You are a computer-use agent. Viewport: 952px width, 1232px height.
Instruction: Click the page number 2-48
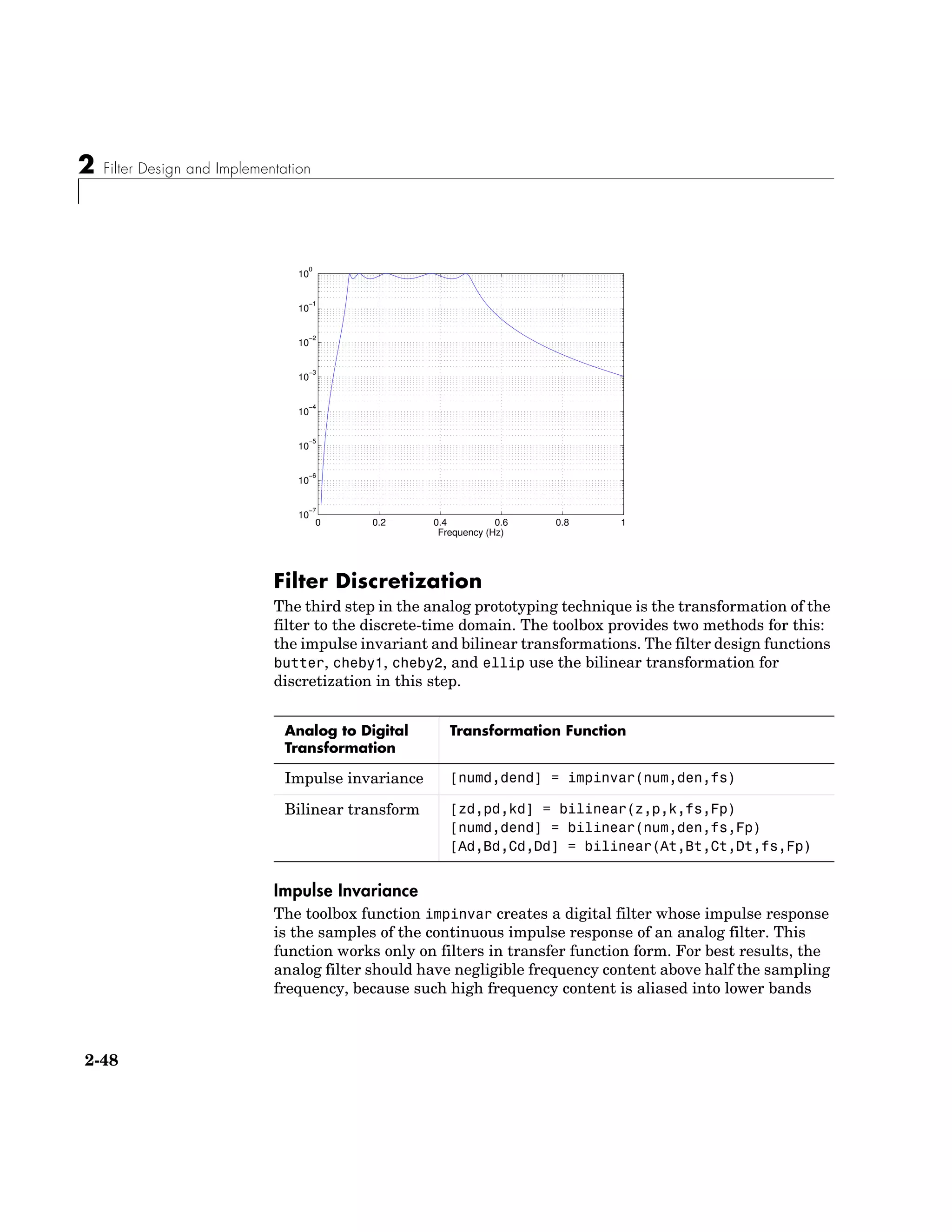(x=101, y=1060)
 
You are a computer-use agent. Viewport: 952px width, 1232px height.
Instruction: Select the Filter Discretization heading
(x=377, y=581)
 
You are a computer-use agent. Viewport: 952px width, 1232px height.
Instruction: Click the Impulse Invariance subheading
(x=345, y=891)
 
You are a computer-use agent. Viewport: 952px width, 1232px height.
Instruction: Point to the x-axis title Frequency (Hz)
(x=470, y=532)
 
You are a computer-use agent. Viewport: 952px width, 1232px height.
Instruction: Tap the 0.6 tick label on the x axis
(x=501, y=523)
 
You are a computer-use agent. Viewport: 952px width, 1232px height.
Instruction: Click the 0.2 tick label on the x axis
(x=379, y=523)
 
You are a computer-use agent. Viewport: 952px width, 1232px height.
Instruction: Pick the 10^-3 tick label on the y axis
(x=306, y=377)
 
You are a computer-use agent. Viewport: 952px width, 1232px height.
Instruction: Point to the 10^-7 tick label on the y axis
(x=306, y=515)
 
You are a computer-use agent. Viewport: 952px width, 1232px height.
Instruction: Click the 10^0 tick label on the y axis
(x=305, y=274)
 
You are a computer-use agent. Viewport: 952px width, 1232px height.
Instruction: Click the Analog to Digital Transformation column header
(x=346, y=739)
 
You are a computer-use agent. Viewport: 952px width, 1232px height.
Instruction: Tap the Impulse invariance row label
(x=354, y=778)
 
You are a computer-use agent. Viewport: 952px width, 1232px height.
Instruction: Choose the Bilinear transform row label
(x=352, y=809)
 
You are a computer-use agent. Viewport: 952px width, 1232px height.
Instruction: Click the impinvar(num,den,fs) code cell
(x=592, y=778)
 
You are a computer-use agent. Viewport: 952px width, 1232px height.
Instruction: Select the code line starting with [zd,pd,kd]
(x=592, y=809)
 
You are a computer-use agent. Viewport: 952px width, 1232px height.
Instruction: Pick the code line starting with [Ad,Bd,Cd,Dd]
(x=629, y=847)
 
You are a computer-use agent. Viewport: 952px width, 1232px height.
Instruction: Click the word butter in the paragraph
(x=299, y=663)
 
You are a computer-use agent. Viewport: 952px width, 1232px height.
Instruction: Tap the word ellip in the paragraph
(x=503, y=663)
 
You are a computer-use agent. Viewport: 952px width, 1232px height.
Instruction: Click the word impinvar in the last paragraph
(x=458, y=914)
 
